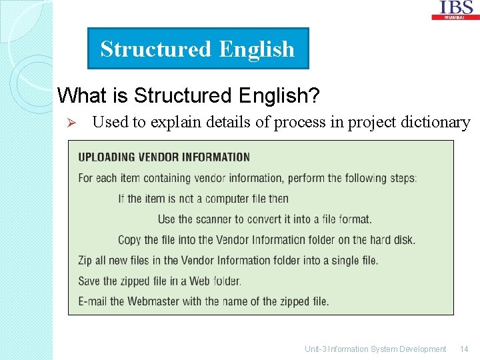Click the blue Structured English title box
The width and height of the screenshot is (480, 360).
(198, 49)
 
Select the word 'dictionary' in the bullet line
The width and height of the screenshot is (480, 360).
(437, 122)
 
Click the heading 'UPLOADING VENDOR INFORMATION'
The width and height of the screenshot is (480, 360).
(164, 157)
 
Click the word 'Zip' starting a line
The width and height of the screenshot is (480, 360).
(85, 260)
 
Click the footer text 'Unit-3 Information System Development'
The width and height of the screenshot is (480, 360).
(375, 349)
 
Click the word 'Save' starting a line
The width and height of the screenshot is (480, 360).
(89, 281)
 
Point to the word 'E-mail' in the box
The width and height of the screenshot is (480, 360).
(93, 301)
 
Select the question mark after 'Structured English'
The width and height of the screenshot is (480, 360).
(314, 95)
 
